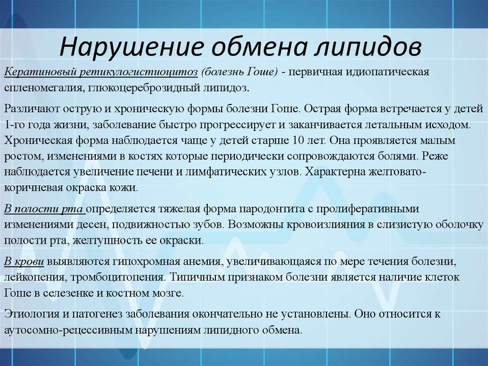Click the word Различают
[x=30, y=108]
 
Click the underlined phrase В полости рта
[x=44, y=209]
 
